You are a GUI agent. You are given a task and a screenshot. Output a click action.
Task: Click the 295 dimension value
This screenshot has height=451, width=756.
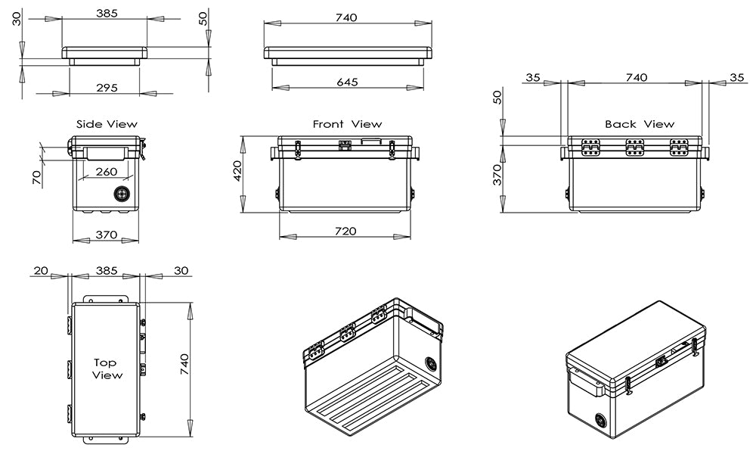pyautogui.click(x=107, y=88)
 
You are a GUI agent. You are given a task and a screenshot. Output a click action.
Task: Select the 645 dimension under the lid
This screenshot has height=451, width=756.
pyautogui.click(x=348, y=82)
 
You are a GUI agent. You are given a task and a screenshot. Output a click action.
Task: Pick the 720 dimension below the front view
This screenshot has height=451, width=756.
pyautogui.click(x=345, y=231)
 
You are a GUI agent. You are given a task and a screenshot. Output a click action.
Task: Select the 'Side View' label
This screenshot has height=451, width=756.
pyautogui.click(x=107, y=123)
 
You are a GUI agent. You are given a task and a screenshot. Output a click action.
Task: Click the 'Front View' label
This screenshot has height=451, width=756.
pyautogui.click(x=347, y=123)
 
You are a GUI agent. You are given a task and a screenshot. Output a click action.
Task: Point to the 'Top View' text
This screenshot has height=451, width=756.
pyautogui.click(x=107, y=369)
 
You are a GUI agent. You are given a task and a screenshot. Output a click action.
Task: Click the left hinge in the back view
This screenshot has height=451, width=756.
pyautogui.click(x=590, y=148)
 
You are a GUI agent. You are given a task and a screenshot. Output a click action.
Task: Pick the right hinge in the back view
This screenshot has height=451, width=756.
pyautogui.click(x=680, y=148)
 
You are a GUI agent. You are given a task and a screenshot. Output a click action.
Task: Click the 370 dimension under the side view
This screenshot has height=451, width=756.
pyautogui.click(x=107, y=235)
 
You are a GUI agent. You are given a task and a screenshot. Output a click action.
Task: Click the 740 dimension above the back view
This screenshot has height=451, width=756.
pyautogui.click(x=637, y=77)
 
